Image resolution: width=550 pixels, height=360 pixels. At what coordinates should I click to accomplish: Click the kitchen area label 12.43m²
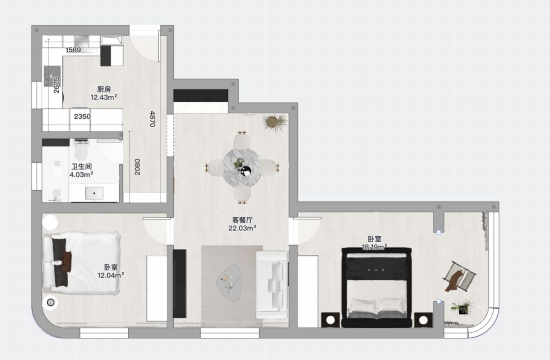(104, 98)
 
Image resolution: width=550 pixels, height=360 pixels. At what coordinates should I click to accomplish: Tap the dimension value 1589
(73, 50)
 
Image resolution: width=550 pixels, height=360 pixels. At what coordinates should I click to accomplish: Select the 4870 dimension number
(153, 119)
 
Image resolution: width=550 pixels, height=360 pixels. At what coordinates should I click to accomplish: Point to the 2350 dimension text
(82, 116)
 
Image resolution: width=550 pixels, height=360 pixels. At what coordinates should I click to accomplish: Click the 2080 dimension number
(137, 167)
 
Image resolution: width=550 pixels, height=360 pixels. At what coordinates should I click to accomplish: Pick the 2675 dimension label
(56, 85)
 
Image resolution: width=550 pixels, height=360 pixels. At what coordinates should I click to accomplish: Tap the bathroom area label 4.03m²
(81, 175)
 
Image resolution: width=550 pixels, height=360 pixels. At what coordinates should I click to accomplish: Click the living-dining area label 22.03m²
(242, 228)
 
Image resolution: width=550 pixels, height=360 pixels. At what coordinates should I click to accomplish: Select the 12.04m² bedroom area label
(111, 275)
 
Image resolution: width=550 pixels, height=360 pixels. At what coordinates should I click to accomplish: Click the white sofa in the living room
(272, 285)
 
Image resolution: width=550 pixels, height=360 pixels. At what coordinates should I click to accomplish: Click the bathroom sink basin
(94, 193)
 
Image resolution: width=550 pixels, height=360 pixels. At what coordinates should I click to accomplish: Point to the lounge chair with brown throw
(459, 277)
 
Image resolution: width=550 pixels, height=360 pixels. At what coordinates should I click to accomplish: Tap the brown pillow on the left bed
(66, 262)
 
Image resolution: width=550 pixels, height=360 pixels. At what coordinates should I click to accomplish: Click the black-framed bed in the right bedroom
(377, 287)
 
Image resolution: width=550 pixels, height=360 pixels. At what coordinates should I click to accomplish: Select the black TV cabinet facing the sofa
(180, 284)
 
